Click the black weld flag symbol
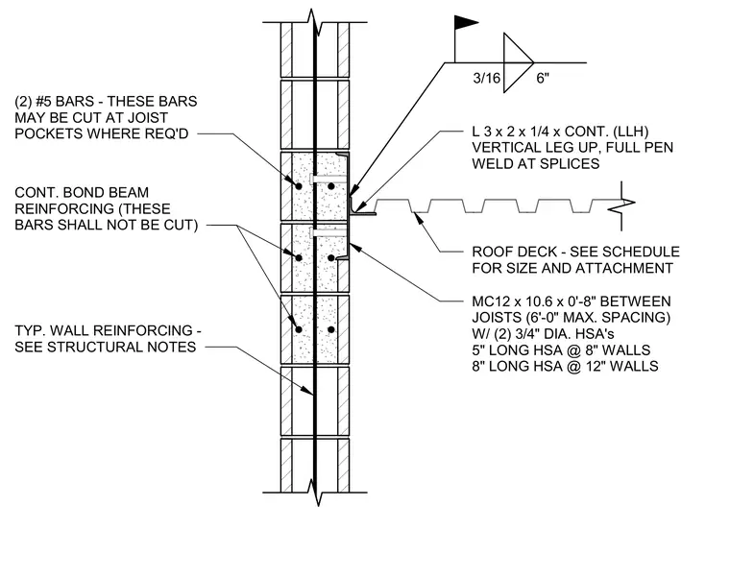pos(466,23)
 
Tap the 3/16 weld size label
pos(487,78)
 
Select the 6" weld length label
pos(543,78)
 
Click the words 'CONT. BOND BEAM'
pos(82,192)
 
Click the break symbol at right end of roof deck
pos(622,205)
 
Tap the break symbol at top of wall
pos(315,22)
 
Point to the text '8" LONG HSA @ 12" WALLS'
pos(565,366)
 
